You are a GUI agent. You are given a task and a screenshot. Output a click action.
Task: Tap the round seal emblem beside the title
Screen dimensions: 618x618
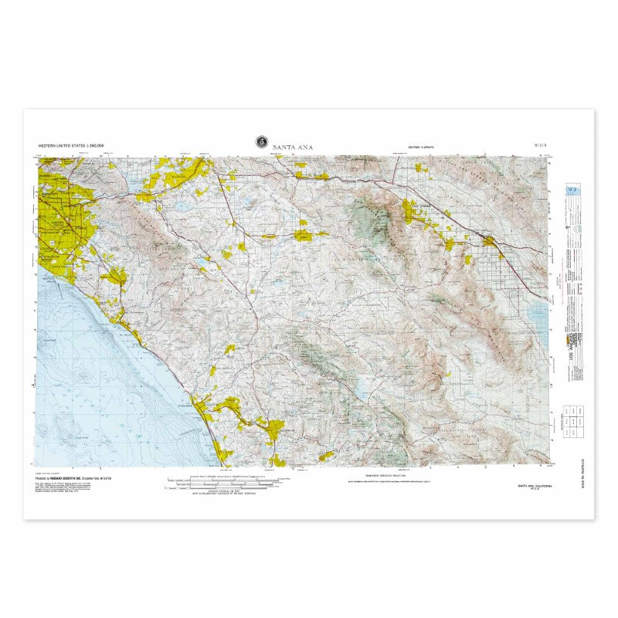(x=262, y=142)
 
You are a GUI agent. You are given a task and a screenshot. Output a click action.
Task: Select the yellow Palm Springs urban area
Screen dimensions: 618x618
(x=409, y=210)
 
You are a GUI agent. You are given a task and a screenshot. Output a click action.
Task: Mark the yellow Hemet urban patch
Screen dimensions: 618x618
(x=303, y=235)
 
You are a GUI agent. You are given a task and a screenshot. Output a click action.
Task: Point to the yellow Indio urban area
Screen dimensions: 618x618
(x=491, y=243)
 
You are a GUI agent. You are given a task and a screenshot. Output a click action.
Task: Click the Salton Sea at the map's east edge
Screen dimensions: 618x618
(x=538, y=313)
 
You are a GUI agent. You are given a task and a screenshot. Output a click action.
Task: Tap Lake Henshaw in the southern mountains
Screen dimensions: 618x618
(x=360, y=391)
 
